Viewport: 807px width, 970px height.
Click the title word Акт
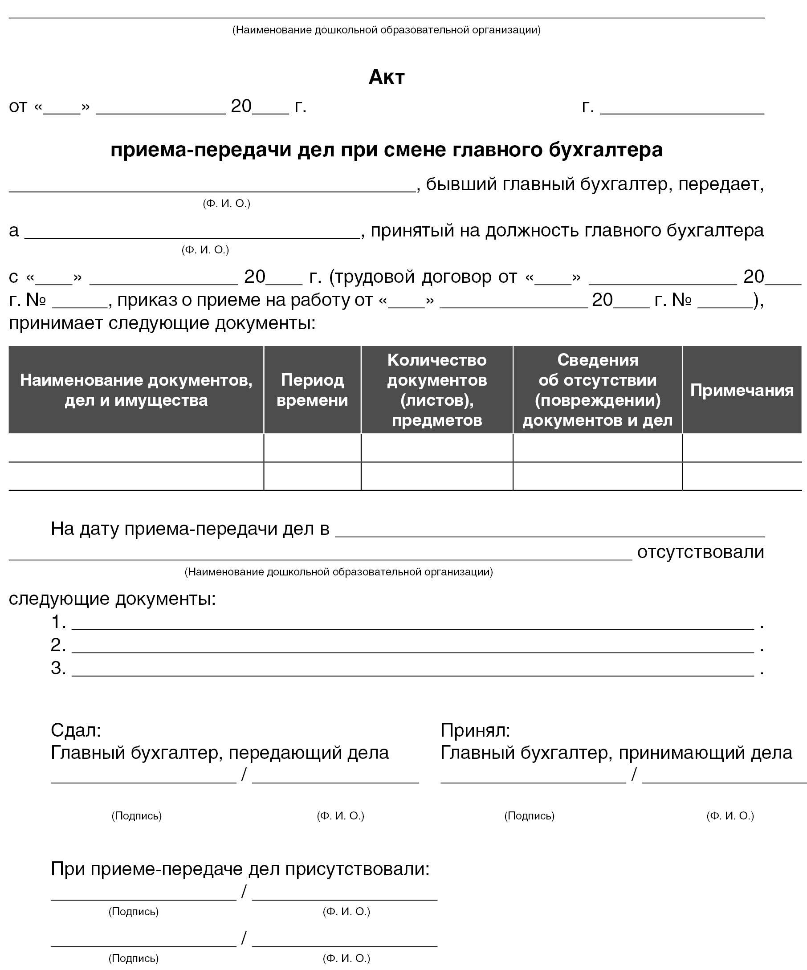click(387, 77)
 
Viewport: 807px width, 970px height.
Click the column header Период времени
click(312, 390)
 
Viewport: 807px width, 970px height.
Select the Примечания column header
click(742, 390)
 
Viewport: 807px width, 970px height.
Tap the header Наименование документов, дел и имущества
click(136, 390)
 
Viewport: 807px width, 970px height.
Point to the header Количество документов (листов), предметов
click(437, 390)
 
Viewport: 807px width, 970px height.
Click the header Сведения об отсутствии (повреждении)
click(597, 390)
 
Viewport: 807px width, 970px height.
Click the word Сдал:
click(76, 730)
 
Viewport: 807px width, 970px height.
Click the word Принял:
click(475, 730)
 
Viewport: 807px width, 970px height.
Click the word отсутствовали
click(700, 552)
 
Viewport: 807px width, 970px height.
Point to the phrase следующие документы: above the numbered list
click(112, 599)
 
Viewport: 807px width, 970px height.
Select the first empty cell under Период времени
click(312, 448)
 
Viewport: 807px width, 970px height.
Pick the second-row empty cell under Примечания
click(742, 476)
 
